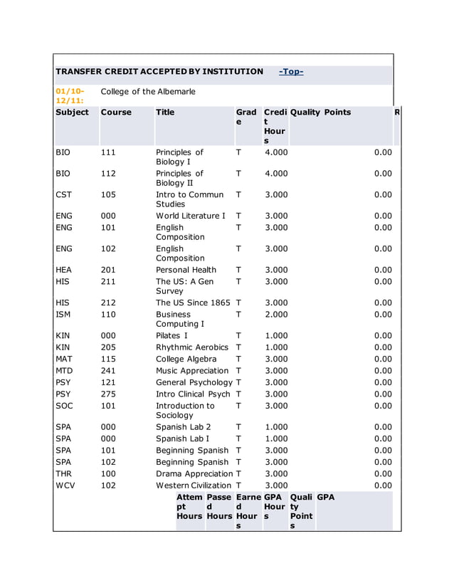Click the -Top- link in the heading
click(291, 72)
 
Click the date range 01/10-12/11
click(70, 96)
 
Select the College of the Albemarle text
click(148, 92)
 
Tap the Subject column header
click(72, 112)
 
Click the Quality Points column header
click(320, 112)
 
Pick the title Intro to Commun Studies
click(189, 199)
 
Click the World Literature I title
click(191, 216)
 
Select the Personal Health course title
click(186, 270)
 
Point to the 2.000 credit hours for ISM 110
click(276, 314)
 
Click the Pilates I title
click(171, 335)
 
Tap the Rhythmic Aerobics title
click(192, 347)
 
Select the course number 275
click(108, 394)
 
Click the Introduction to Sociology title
click(185, 411)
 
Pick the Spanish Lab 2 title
click(182, 427)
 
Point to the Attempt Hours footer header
click(189, 506)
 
